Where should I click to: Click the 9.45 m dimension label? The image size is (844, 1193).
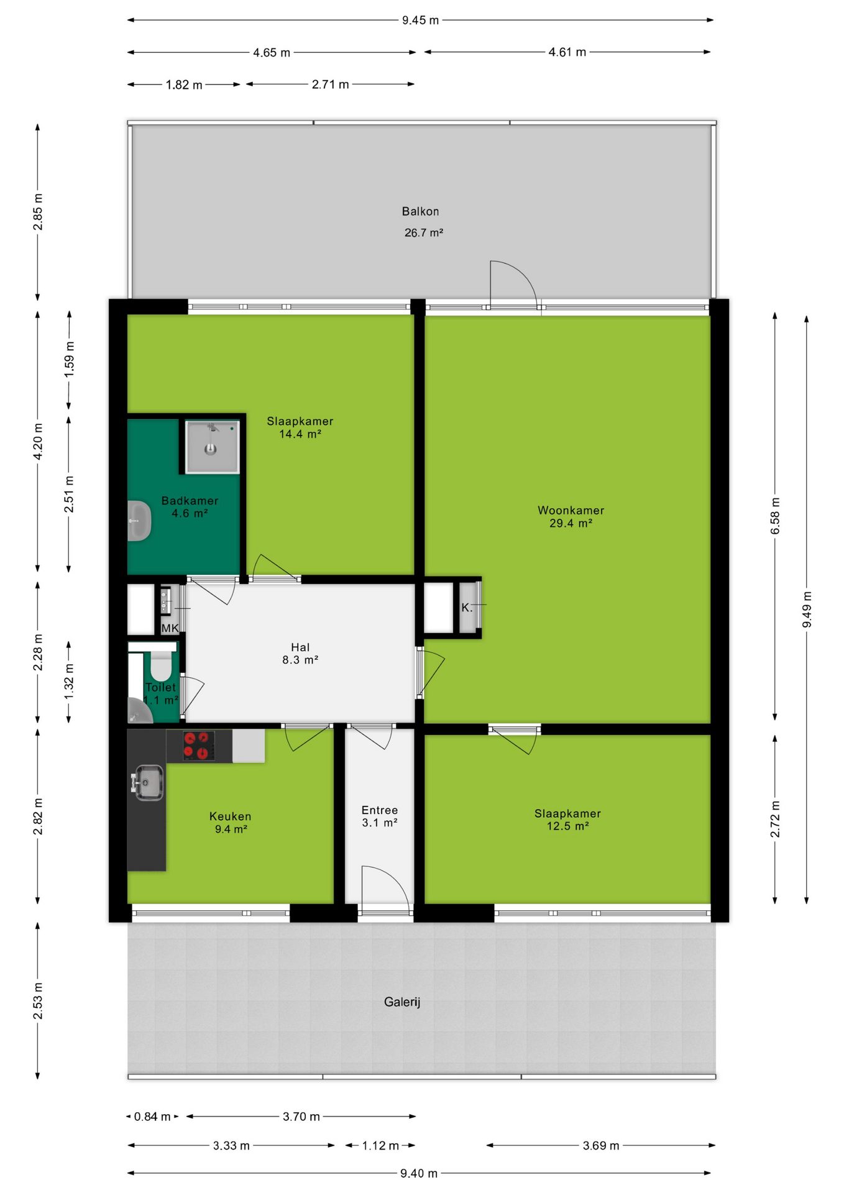coord(420,21)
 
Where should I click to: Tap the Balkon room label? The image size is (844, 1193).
coord(420,211)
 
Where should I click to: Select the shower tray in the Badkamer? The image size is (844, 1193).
coord(212,446)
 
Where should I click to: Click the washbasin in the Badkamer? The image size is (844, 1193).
coord(139,521)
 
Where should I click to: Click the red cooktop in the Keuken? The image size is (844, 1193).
coord(199,746)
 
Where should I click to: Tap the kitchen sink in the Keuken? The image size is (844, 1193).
coord(148,782)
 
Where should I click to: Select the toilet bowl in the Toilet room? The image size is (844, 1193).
coord(161,665)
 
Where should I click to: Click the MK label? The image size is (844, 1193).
coord(170,628)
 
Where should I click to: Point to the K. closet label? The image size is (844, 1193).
coord(467,608)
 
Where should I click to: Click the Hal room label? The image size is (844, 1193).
coord(300,647)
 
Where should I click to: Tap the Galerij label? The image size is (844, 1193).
coord(402,1002)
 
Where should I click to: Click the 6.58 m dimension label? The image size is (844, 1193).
coord(775,516)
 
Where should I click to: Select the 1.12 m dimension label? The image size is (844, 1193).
coord(380,1146)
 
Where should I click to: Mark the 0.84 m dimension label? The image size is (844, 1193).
coord(152,1117)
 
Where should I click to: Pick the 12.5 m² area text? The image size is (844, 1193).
coord(567,826)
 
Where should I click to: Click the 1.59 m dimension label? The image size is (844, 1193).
coord(70,360)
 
